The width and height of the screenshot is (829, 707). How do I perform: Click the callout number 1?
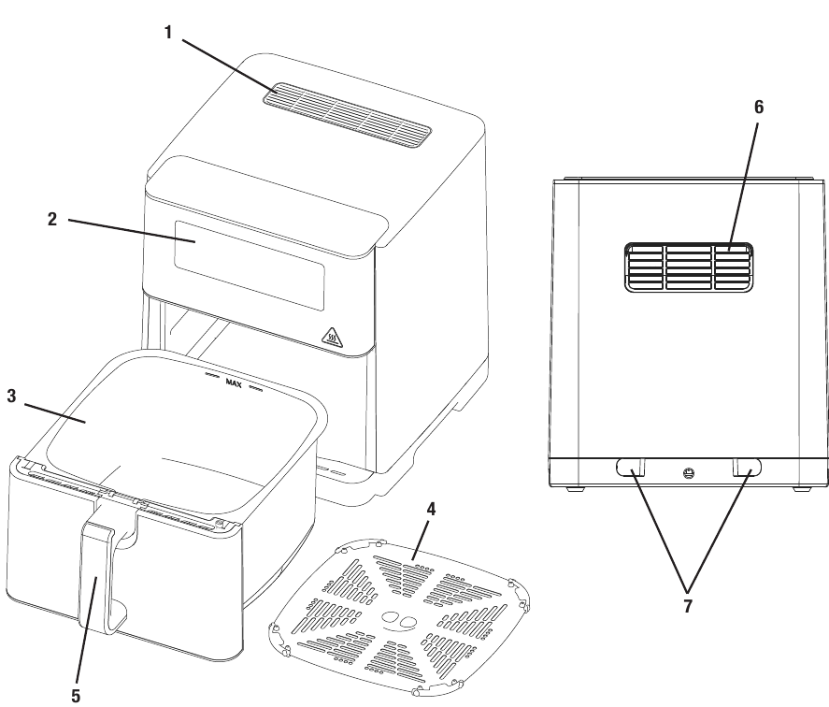(168, 31)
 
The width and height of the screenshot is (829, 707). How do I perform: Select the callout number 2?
(52, 220)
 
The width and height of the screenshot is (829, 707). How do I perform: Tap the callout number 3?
(11, 397)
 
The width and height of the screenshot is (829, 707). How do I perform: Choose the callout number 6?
(759, 107)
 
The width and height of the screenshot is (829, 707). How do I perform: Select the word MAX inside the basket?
(234, 382)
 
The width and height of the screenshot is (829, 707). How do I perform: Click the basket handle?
(98, 575)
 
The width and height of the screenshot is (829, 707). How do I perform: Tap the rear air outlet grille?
(688, 267)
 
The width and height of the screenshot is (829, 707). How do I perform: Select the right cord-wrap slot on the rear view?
(747, 466)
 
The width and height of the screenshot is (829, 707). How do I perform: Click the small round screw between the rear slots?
(689, 472)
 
